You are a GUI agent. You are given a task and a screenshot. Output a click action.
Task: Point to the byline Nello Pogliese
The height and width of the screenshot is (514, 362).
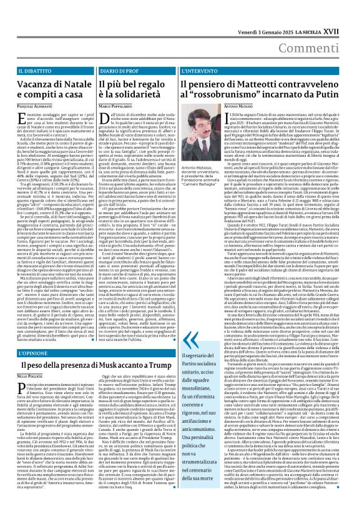tap(26, 377)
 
